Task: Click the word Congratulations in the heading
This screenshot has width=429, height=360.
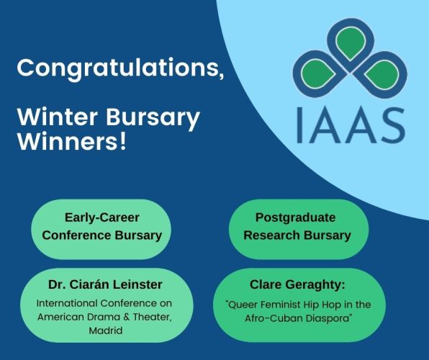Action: point(115,68)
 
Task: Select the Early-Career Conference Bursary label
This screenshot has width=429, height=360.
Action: point(101,225)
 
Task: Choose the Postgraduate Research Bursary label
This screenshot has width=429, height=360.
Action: point(297,225)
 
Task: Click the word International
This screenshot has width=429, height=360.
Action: point(69,303)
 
